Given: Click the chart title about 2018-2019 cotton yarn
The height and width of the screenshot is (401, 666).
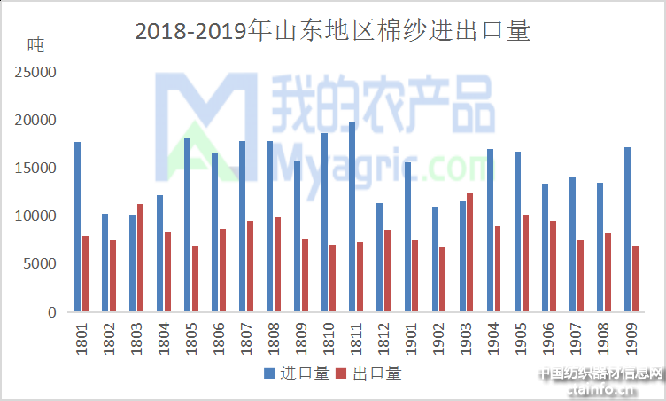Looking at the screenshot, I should [332, 31].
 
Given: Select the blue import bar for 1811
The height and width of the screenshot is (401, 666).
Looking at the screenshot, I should [352, 216].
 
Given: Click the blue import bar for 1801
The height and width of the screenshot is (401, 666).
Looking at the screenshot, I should [77, 226].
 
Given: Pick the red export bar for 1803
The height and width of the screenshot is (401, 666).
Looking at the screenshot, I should [140, 257].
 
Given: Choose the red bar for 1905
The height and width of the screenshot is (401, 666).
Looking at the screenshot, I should [525, 263].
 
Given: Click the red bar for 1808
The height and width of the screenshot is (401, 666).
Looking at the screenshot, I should [277, 264].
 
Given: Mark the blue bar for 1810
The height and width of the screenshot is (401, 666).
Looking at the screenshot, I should [324, 222].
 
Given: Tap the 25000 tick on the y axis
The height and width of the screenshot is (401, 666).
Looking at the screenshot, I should [36, 72].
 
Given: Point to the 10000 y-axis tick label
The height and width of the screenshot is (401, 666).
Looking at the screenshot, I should [36, 216].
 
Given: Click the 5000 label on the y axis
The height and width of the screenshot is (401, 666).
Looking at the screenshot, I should [40, 263].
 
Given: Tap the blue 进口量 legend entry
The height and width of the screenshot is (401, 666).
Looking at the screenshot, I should [293, 373].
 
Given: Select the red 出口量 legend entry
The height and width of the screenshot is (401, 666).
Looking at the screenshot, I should [368, 373].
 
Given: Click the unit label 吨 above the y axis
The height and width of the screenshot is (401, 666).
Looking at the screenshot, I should [35, 43].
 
